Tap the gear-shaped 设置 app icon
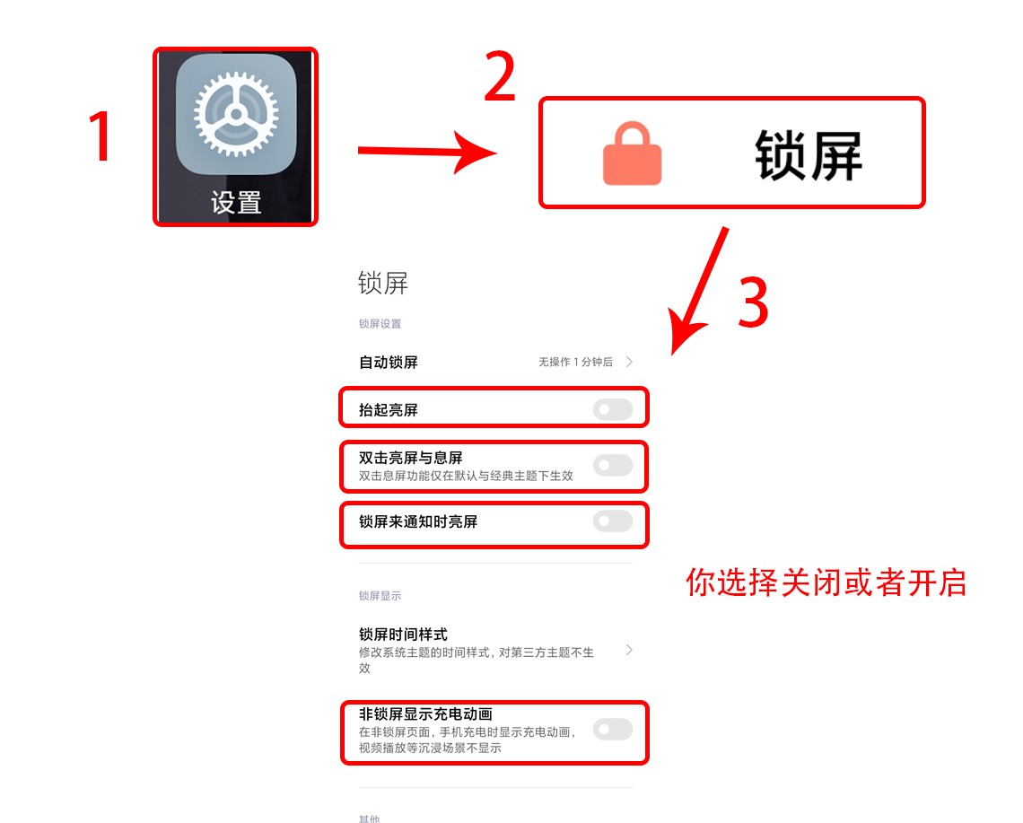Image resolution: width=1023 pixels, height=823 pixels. (235, 115)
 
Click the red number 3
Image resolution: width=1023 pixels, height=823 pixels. (753, 302)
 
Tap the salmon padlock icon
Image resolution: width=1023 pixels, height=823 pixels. (632, 155)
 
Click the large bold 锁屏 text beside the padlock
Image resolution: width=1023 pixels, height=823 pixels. (808, 155)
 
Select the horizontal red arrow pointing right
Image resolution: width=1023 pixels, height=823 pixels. (426, 151)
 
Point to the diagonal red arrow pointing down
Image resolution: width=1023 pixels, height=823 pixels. (700, 289)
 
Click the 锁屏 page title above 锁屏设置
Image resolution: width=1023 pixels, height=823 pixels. (383, 284)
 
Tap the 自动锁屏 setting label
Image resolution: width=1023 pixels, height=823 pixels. (389, 363)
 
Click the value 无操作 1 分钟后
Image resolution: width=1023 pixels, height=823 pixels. (575, 363)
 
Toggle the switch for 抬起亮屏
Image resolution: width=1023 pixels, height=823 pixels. (613, 410)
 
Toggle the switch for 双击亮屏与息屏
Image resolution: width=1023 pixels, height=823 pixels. (613, 465)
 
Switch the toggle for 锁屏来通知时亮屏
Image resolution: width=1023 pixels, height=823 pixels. (613, 521)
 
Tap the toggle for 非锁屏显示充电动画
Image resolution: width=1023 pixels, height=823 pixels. (613, 730)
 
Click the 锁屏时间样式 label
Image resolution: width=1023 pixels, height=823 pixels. (403, 635)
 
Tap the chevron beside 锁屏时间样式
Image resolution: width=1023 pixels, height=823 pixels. (629, 650)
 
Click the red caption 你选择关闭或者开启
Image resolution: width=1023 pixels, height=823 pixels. (826, 582)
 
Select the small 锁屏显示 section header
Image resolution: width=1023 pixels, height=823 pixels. (380, 596)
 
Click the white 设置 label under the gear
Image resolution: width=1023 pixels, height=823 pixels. (236, 203)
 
